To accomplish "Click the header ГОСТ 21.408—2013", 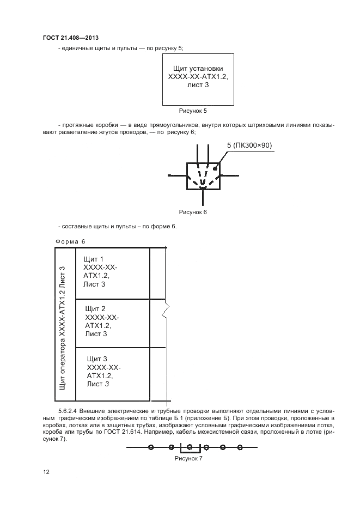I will tap(70, 38).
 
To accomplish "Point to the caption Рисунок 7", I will tap(188, 459).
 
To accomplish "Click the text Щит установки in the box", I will tap(198, 69).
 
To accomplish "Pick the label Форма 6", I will tap(71, 241).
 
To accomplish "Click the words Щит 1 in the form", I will tap(94, 259).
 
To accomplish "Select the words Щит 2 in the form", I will tap(95, 309).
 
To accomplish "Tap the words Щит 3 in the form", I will tap(97, 359).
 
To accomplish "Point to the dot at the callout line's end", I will tap(216, 168).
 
